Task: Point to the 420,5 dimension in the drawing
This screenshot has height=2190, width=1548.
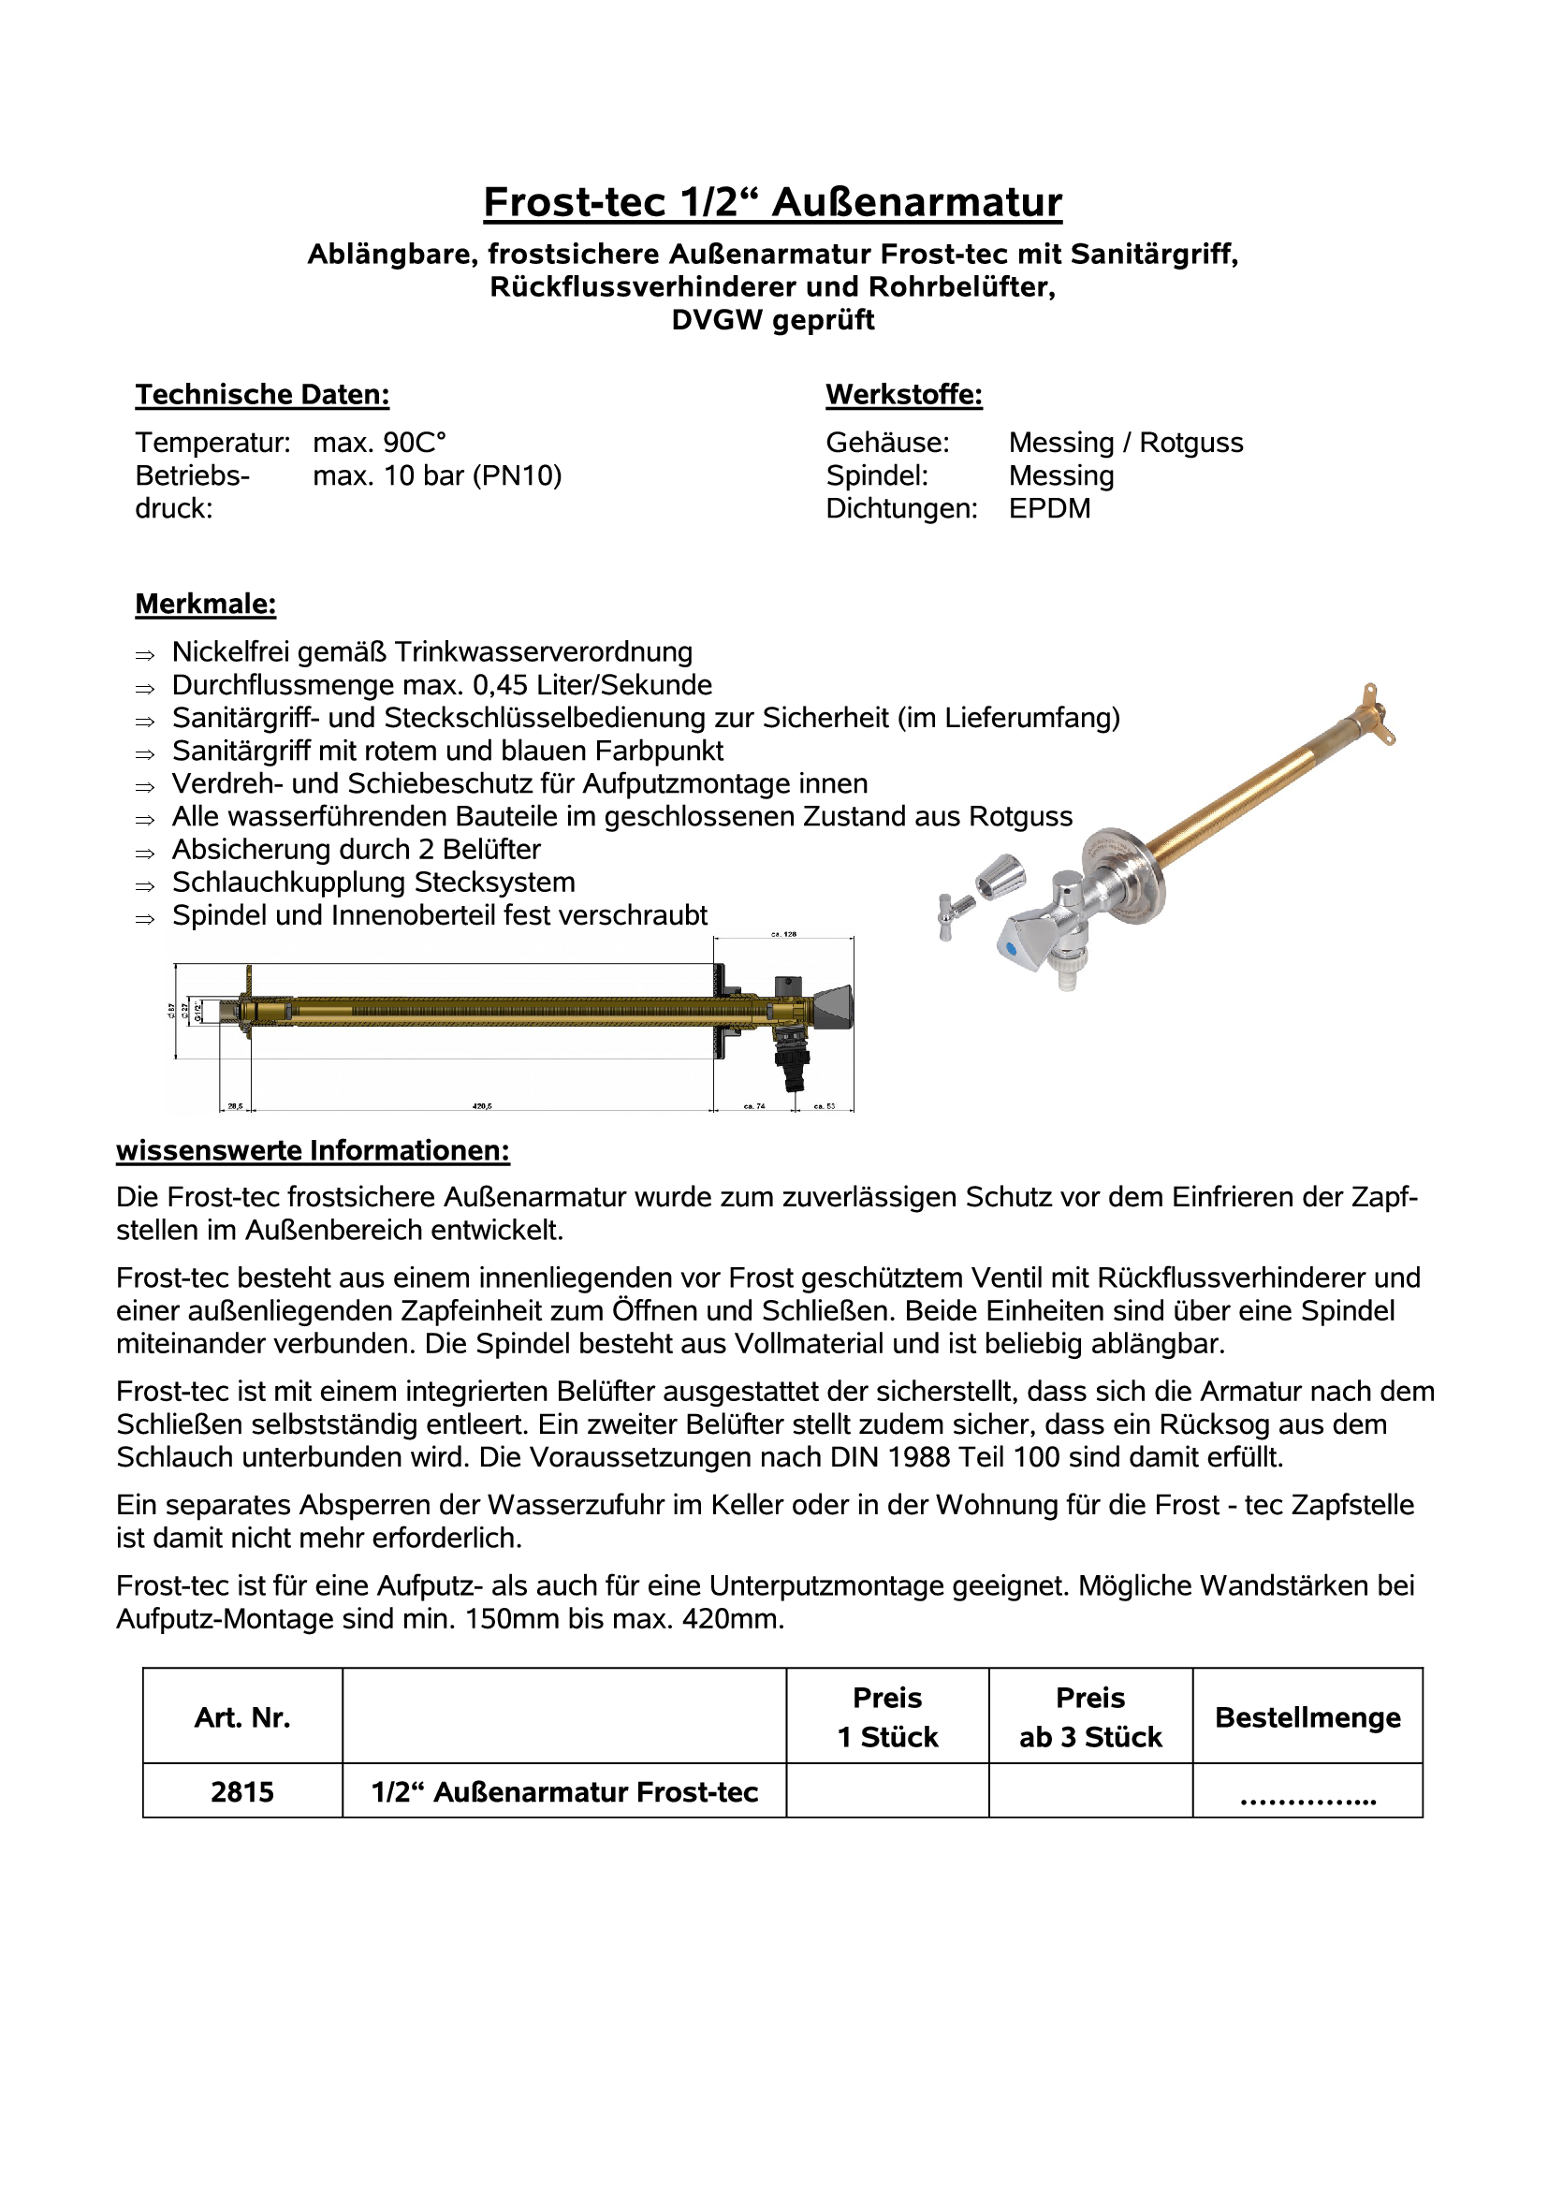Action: point(482,1106)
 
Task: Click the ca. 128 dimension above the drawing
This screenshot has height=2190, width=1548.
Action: point(783,935)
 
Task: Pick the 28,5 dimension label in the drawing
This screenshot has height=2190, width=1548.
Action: point(234,1106)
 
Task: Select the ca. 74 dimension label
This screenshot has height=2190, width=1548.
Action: point(753,1106)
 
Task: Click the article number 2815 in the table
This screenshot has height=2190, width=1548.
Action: point(242,1792)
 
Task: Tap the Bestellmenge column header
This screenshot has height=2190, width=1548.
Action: point(1307,1718)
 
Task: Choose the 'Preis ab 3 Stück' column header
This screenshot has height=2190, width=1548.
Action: point(1090,1718)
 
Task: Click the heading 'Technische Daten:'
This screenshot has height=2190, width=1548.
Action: point(262,395)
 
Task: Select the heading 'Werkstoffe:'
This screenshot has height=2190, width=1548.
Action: point(904,395)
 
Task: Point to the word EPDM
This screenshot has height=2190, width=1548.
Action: point(1049,508)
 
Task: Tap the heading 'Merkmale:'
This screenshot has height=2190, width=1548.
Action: point(206,604)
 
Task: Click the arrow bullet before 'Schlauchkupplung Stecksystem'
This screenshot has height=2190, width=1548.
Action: point(145,886)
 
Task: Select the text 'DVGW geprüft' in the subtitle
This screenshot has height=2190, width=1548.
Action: point(772,319)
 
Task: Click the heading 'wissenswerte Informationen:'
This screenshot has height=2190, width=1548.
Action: point(313,1151)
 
